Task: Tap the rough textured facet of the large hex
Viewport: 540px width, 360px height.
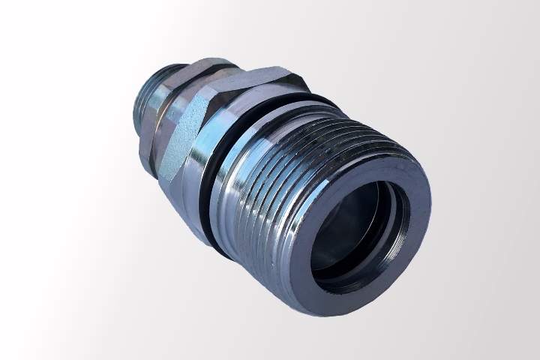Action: point(180,139)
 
